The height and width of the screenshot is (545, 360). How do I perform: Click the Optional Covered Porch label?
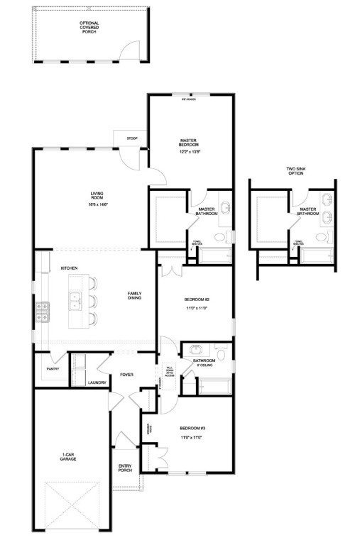89,27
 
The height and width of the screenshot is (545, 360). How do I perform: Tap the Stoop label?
132,138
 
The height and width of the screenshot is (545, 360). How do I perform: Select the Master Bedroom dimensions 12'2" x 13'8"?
190,151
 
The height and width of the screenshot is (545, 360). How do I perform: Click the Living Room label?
97,195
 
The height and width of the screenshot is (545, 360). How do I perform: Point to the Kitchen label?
69,268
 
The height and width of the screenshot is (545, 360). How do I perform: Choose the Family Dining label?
135,295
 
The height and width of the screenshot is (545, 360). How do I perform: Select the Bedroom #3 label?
192,428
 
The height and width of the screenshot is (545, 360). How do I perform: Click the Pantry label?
52,369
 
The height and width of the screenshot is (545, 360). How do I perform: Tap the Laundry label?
97,383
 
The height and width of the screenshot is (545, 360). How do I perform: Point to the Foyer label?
127,375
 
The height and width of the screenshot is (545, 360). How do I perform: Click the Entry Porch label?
125,468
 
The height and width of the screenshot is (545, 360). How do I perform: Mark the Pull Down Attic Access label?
169,370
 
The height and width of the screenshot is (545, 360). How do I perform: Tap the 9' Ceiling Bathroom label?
204,363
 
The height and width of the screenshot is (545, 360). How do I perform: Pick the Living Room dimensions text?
97,204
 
